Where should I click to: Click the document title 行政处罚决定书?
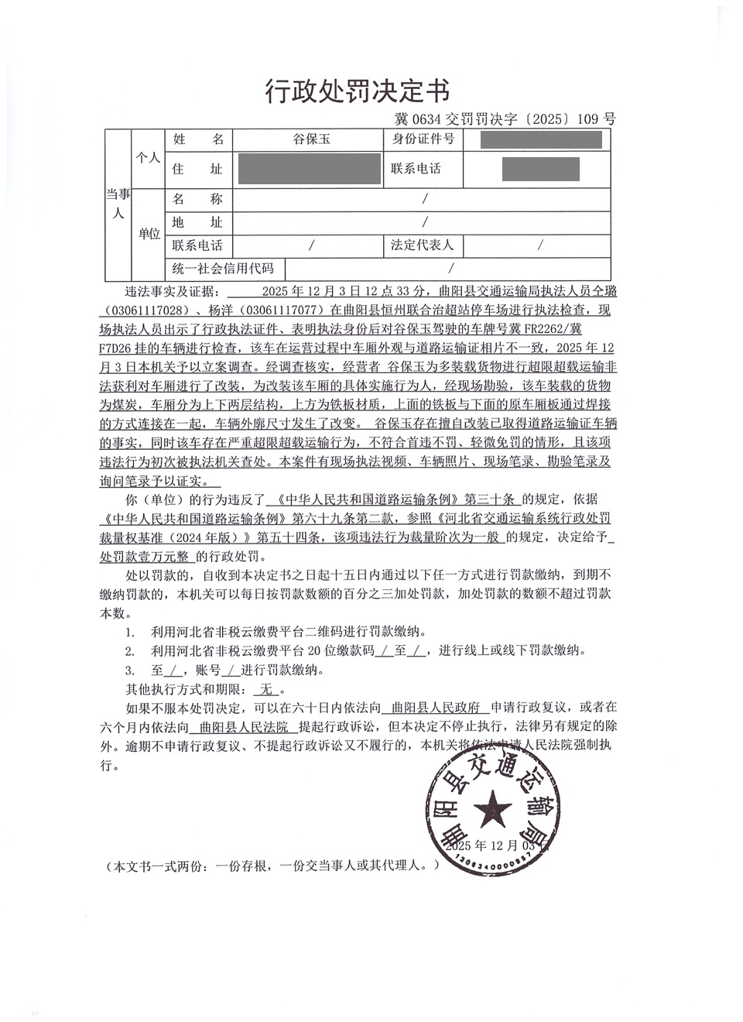pyautogui.click(x=357, y=91)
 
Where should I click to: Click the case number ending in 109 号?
pyautogui.click(x=505, y=119)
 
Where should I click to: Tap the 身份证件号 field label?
pyautogui.click(x=422, y=139)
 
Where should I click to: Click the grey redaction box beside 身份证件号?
pyautogui.click(x=541, y=140)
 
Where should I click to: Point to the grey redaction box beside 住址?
pyautogui.click(x=310, y=169)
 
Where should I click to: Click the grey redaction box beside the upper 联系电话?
pyautogui.click(x=540, y=169)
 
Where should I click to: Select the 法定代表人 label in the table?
pyautogui.click(x=422, y=245)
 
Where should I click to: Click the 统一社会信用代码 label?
pyautogui.click(x=223, y=269)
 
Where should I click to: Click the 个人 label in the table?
pyautogui.click(x=148, y=157)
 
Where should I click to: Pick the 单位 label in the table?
pyautogui.click(x=149, y=233)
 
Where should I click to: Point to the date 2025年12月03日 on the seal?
pyautogui.click(x=495, y=846)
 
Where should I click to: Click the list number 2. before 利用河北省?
pyautogui.click(x=130, y=650)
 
